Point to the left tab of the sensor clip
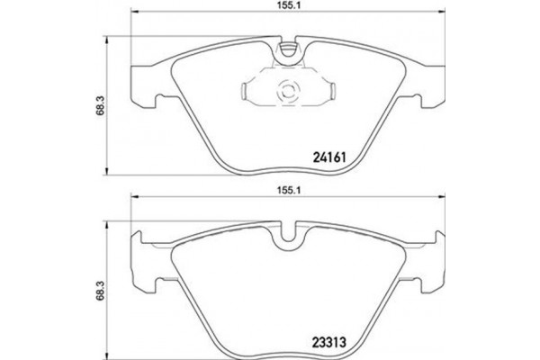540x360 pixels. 249,90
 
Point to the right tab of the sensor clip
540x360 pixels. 332,90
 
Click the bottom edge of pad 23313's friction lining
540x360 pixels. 289,354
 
